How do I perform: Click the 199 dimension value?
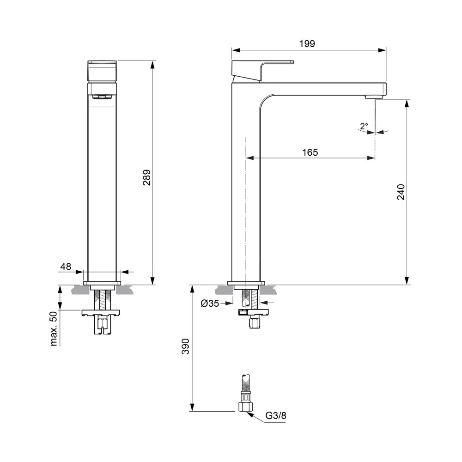click(307, 43)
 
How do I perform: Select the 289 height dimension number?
click(147, 177)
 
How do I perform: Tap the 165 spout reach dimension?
click(310, 152)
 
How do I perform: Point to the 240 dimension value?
click(401, 192)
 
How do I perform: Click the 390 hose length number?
click(185, 346)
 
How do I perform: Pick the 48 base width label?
click(66, 267)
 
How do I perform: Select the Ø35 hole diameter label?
click(210, 303)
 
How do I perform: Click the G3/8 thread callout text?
click(276, 415)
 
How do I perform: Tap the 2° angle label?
click(364, 127)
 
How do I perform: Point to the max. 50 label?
click(53, 328)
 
